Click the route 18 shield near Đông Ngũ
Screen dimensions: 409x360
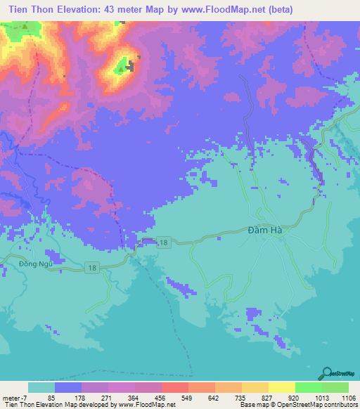[91, 267]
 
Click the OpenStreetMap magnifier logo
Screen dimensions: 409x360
[327, 372]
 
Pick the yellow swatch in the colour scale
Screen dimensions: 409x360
[282, 387]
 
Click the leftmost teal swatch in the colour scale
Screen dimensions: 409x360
[41, 387]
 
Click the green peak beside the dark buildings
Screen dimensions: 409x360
[121, 67]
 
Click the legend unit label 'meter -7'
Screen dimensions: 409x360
[15, 397]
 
